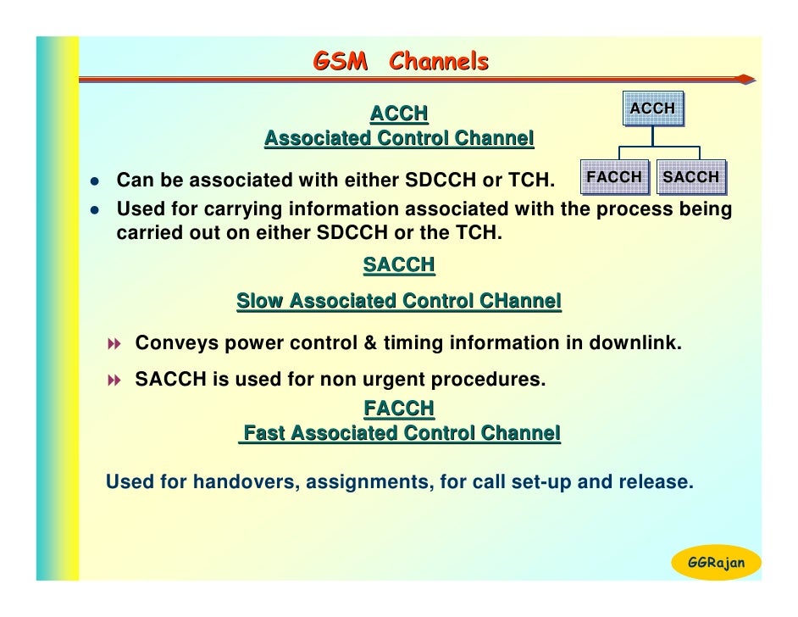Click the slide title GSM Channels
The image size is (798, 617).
[x=401, y=62]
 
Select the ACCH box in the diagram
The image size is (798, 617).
[x=652, y=108]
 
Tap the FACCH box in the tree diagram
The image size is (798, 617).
[x=615, y=177]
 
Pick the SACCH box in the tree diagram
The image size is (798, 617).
[x=690, y=177]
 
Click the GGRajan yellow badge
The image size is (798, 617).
[x=716, y=563]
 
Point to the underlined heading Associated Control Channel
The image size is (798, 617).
[x=399, y=138]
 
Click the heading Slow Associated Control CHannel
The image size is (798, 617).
[x=399, y=301]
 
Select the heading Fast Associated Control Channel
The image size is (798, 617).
[x=400, y=434]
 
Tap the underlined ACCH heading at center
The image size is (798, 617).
[x=399, y=114]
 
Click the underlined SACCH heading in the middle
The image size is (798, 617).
[x=399, y=265]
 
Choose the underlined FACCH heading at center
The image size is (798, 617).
[x=399, y=409]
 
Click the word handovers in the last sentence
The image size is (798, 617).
[x=245, y=482]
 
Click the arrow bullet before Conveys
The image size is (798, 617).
[x=115, y=344]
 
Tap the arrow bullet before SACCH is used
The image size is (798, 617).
[x=115, y=381]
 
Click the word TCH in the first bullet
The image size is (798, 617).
[x=529, y=181]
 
